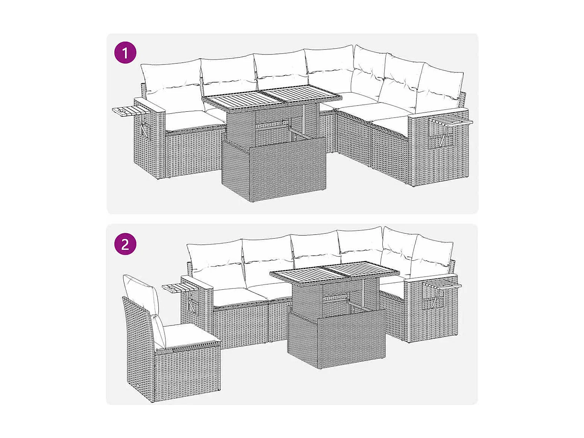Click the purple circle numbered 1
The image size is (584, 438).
coord(125,53)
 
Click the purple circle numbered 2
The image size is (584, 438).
coord(125,244)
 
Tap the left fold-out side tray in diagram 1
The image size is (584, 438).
coord(127,111)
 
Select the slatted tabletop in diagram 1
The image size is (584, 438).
coord(269,97)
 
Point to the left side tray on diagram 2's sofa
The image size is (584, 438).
coord(177,288)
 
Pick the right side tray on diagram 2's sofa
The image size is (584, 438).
coord(442,285)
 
